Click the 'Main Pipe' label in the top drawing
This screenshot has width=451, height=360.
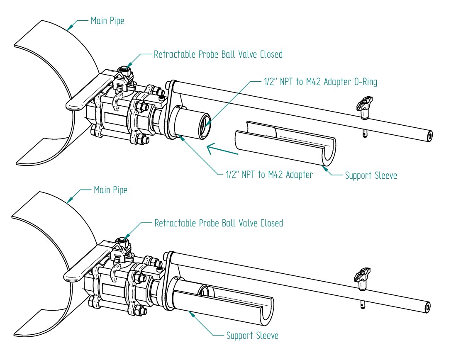tap(107, 21)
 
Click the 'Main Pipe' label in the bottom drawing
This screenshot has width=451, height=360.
tap(110, 190)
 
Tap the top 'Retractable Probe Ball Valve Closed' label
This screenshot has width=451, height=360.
tap(218, 54)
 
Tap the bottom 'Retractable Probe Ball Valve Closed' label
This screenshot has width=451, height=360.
tap(219, 223)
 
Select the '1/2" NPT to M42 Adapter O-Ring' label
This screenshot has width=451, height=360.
tap(320, 82)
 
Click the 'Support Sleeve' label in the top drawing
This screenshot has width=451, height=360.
tap(371, 175)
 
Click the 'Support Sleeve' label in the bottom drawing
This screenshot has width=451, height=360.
tap(252, 335)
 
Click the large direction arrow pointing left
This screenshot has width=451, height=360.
tap(223, 149)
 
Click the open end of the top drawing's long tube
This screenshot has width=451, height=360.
tap(428, 136)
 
